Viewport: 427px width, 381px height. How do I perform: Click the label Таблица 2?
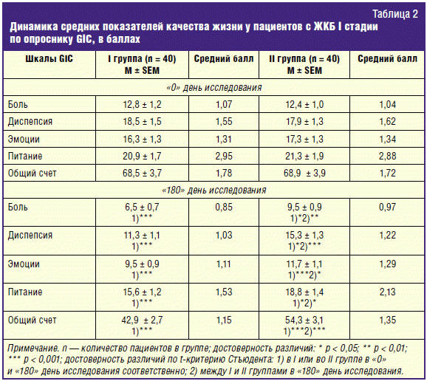[395, 14]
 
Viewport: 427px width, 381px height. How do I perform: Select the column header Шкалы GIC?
[49, 59]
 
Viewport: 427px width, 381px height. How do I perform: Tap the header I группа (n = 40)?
[142, 59]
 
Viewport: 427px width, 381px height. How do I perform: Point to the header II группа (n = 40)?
[304, 59]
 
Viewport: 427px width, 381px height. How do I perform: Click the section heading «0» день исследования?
[214, 88]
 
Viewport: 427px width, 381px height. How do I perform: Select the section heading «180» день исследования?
[214, 190]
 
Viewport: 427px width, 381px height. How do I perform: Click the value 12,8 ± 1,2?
[142, 105]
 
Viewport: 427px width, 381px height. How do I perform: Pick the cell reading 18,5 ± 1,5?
[142, 121]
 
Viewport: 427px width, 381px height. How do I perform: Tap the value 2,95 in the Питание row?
[224, 156]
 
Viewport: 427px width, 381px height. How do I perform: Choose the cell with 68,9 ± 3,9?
[304, 173]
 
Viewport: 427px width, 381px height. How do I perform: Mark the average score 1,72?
[387, 173]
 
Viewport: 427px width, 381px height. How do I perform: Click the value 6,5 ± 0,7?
[142, 207]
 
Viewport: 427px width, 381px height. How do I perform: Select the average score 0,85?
[224, 207]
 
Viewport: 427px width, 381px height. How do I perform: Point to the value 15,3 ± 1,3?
[304, 235]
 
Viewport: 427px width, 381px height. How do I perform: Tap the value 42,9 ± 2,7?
[142, 320]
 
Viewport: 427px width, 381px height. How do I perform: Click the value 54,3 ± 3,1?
[304, 320]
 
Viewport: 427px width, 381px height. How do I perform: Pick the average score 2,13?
[387, 292]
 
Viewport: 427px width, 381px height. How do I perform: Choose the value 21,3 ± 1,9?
[304, 156]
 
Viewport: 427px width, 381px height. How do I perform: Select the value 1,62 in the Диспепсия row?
[387, 121]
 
